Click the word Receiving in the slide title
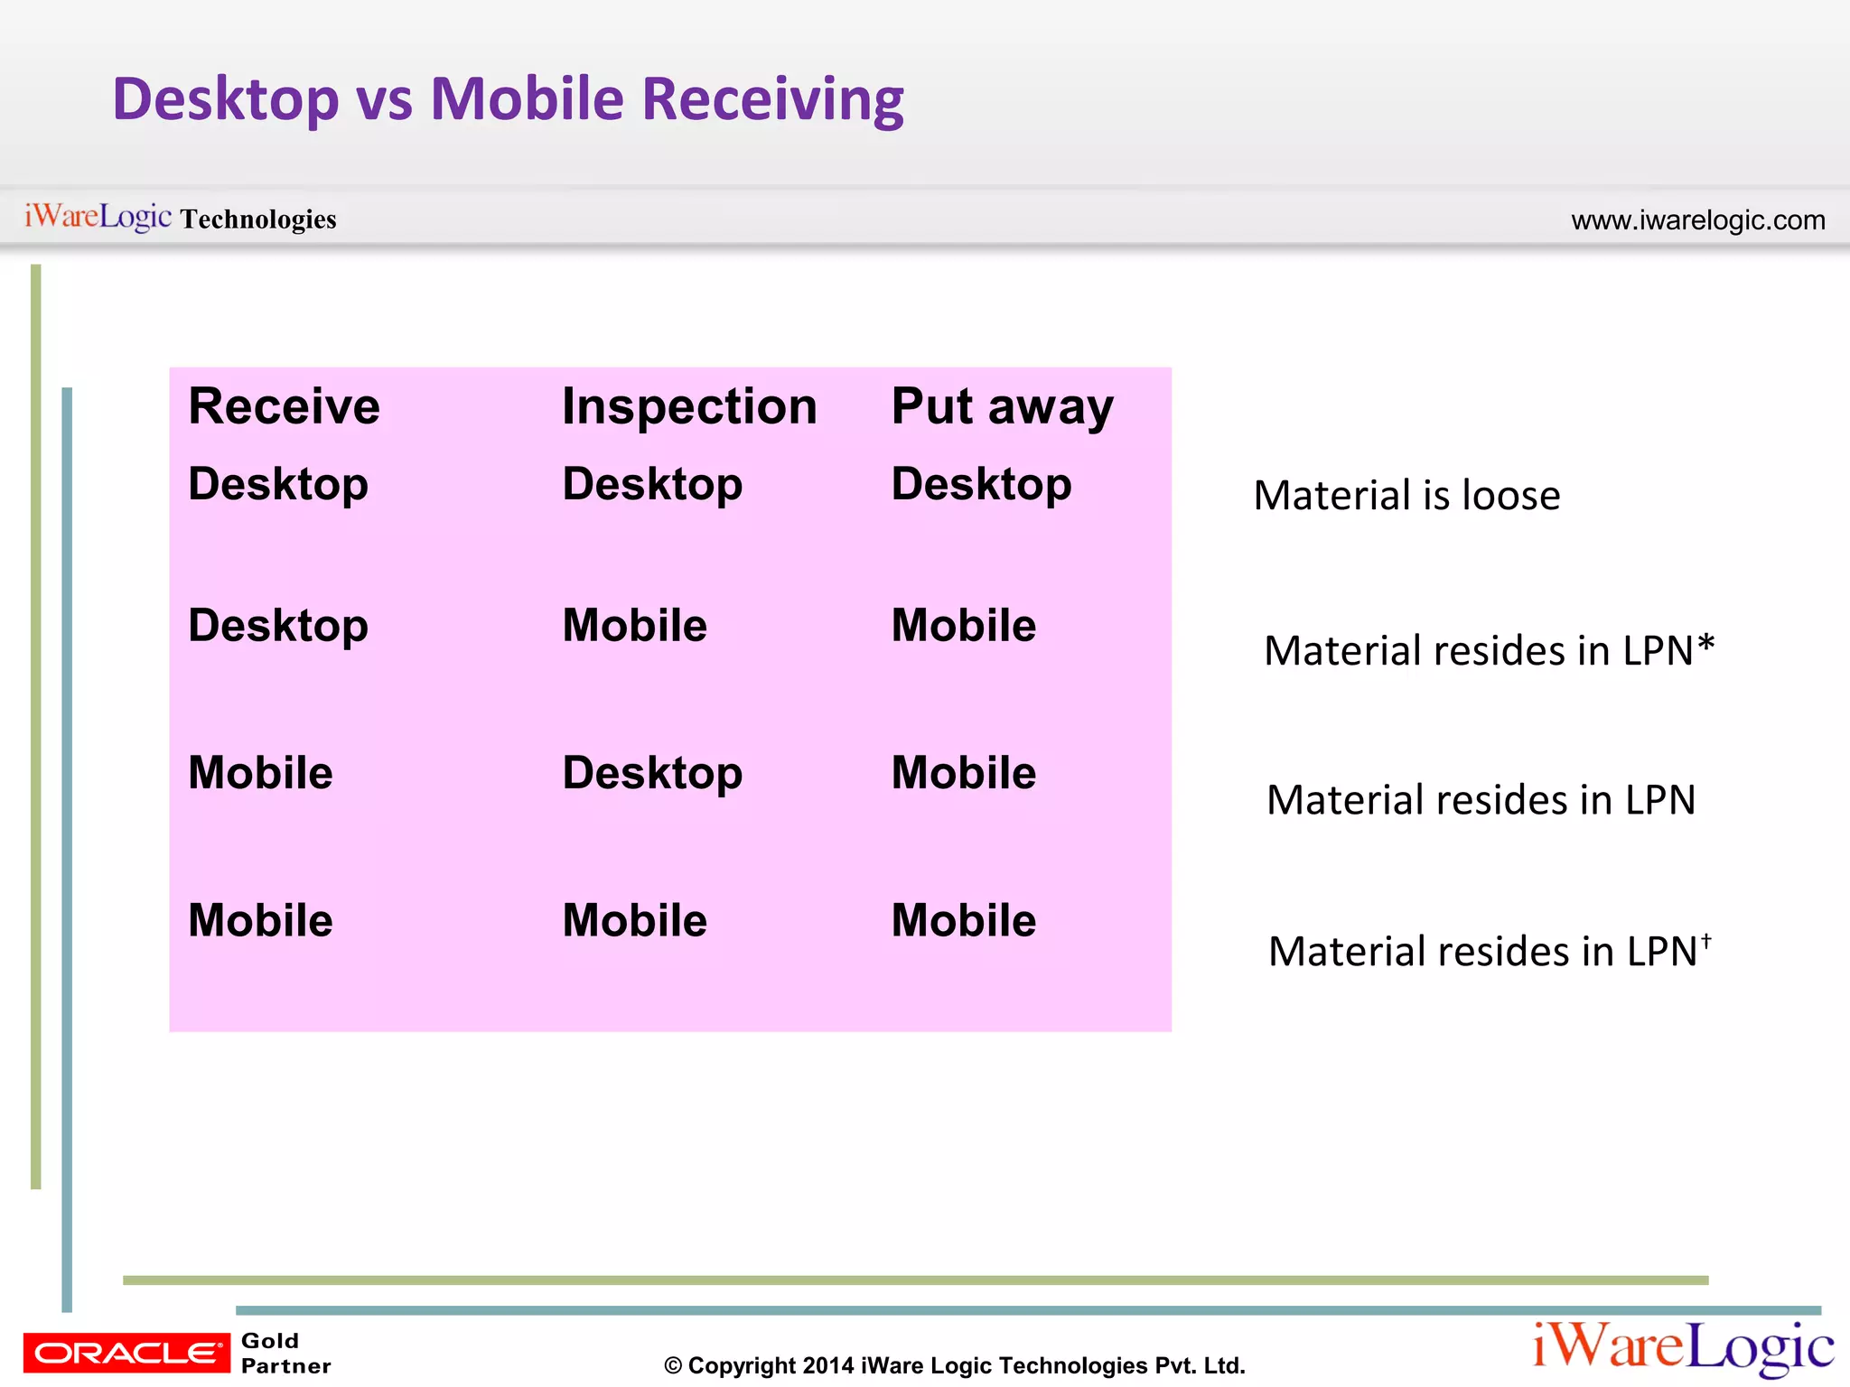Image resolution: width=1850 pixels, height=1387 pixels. point(772,99)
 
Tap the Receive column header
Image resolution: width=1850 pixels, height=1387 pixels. point(284,406)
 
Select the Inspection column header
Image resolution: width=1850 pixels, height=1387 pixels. point(689,406)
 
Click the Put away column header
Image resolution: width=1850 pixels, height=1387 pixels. point(1002,406)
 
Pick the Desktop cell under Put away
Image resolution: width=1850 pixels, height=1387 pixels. point(981,484)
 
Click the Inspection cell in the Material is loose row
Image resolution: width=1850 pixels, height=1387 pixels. point(652,484)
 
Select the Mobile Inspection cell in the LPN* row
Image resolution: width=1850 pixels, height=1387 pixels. point(634,626)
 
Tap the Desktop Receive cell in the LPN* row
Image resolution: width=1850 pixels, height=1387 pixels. point(278,626)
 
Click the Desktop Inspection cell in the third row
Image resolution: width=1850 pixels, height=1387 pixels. point(652,773)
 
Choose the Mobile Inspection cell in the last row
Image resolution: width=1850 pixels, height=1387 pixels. point(634,921)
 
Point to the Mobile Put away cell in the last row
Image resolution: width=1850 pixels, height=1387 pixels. point(963,921)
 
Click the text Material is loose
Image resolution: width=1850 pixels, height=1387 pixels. point(1406,496)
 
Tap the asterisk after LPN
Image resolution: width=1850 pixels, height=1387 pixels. point(1705,646)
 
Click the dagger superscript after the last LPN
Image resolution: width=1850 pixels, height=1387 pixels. point(1706,941)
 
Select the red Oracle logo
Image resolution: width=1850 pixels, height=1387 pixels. point(126,1353)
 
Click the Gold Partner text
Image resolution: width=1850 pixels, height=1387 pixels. point(285,1353)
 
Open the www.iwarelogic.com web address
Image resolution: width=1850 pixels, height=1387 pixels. point(1697,220)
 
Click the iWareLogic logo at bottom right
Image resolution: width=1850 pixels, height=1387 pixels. point(1683,1347)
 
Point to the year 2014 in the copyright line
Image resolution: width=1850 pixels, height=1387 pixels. point(827,1365)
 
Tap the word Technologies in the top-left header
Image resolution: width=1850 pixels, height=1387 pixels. point(258,219)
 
